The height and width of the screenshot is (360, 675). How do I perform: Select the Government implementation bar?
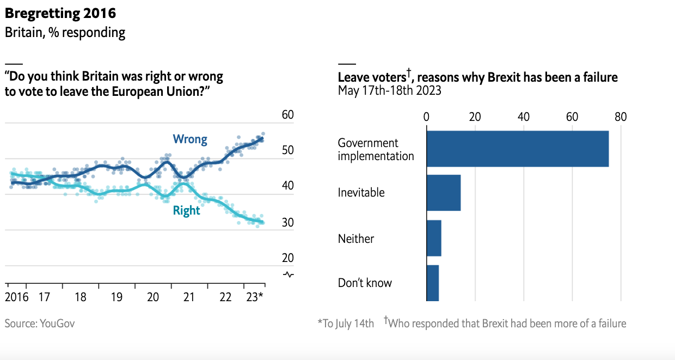pos(517,149)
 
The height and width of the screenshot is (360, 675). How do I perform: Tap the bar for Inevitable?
pos(444,193)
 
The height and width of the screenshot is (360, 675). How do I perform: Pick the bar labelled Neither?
pos(434,238)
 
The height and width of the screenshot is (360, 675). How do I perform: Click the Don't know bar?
pos(433,283)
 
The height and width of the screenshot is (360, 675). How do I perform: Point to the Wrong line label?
pos(190,139)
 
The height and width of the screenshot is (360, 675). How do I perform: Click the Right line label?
pos(186,211)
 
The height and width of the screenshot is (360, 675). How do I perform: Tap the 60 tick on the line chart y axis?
pos(288,115)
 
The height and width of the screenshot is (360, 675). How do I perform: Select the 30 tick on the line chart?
pos(288,223)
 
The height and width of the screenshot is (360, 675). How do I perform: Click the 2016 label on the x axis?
pos(16,297)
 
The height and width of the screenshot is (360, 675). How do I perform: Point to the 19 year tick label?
pos(116,297)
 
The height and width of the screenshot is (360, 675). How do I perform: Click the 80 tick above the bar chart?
pos(621,117)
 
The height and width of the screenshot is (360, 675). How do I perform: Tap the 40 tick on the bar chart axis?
pos(524,117)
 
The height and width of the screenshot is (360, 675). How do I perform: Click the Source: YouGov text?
pos(40,324)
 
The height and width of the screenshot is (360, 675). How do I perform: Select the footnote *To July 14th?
pos(346,324)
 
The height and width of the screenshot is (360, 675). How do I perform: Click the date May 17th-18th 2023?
pos(389,90)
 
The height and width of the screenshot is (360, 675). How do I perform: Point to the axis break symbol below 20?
pos(289,274)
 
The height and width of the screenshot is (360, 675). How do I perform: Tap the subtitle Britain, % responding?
pos(65,33)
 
